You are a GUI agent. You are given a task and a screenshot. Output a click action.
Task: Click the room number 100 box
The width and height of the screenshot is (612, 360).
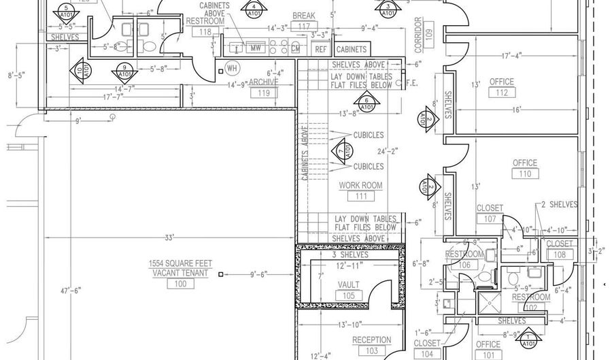coord(180,284)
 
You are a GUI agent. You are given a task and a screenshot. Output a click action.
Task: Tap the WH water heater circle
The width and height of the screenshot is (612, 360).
coord(232,69)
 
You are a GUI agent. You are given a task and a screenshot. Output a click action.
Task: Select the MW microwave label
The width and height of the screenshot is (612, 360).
coord(256,48)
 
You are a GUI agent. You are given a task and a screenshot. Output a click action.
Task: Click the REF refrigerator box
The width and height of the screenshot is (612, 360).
coord(321,49)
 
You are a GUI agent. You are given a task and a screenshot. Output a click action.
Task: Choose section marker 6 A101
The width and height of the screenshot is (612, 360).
coord(367,103)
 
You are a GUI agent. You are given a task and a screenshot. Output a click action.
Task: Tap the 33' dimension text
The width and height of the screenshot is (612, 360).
coord(169,238)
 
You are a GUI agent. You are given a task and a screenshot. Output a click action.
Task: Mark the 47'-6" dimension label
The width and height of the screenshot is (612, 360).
coord(69,290)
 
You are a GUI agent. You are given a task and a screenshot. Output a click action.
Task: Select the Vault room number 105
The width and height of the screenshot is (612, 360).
coord(349,296)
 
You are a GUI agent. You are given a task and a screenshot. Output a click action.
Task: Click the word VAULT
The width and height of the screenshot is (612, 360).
coord(349,285)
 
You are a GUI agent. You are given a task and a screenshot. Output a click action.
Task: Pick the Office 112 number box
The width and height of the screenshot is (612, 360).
coord(503,93)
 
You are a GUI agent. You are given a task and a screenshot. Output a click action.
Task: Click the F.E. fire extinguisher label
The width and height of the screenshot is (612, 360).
coord(411,84)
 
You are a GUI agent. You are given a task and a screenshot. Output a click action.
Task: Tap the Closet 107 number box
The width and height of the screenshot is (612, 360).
coord(490,219)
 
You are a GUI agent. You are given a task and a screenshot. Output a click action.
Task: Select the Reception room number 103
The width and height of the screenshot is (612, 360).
coord(372,351)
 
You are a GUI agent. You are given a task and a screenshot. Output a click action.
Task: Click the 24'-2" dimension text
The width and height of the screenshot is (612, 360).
coord(387,151)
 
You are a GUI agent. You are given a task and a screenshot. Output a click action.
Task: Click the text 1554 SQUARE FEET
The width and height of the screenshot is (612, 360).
coord(180,263)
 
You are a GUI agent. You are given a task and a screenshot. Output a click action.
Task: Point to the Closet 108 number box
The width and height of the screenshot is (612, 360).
coord(559,255)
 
